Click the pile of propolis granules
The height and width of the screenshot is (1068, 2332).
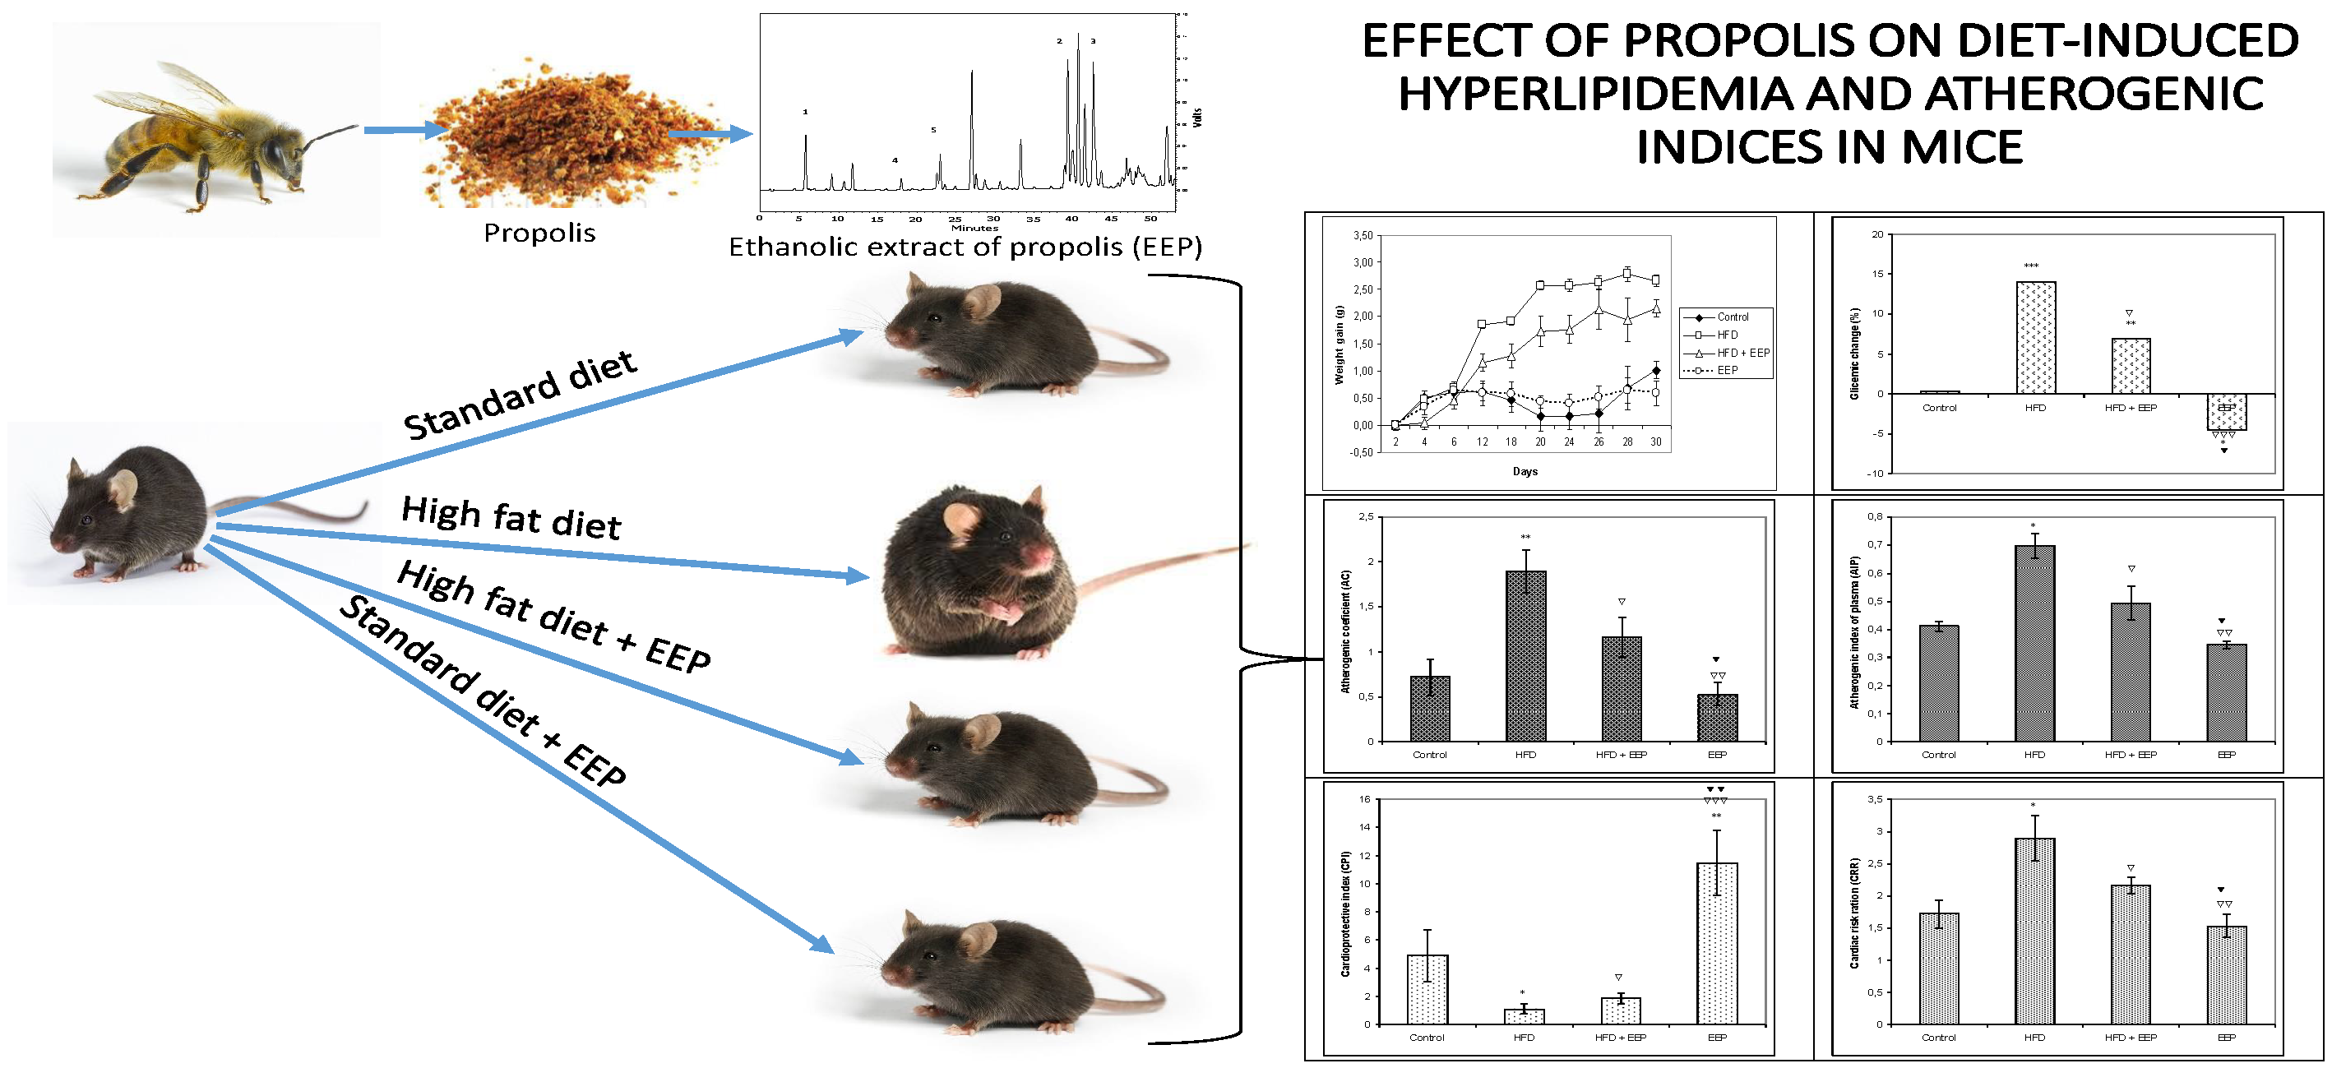point(562,136)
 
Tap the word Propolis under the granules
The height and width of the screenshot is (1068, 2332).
point(539,233)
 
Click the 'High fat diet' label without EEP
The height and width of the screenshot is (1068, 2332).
point(511,519)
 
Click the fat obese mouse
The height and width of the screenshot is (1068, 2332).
point(978,571)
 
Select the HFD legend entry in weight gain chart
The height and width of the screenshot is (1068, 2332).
point(1725,335)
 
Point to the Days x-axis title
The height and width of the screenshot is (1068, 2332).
point(1525,472)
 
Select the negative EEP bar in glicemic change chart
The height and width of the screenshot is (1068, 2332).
point(2226,412)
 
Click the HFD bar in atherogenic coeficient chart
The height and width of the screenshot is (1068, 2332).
point(1525,656)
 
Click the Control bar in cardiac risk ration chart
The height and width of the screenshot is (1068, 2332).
point(1939,969)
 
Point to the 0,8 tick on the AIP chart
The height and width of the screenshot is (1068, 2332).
point(1875,517)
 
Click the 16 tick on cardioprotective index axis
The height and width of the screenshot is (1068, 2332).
point(1364,799)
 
